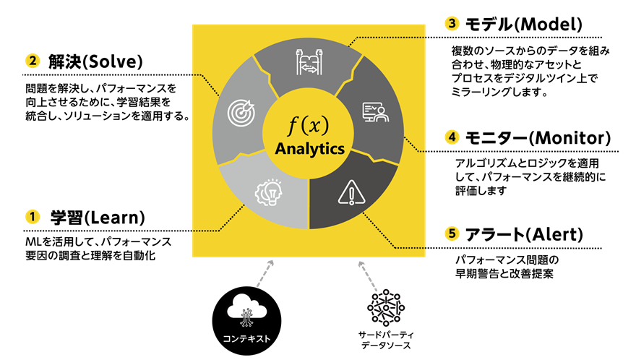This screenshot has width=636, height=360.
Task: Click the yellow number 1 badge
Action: coord(33,216)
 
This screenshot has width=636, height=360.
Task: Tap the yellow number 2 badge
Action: coord(33,61)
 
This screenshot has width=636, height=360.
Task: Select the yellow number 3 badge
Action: coord(452,23)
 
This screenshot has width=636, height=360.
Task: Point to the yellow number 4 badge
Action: coord(452,137)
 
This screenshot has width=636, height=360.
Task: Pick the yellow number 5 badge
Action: coord(452,233)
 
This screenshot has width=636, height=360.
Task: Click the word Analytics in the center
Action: coord(309,150)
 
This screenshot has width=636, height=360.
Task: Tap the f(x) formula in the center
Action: coord(309,126)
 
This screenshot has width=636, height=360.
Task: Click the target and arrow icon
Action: coord(241,113)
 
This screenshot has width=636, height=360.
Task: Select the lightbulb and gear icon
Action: coord(267,192)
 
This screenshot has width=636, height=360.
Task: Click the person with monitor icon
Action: coord(375,112)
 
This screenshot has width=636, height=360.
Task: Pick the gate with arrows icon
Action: coord(309,62)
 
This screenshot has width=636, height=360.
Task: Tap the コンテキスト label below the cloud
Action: coord(246,338)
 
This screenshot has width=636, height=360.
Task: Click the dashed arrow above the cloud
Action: coord(265,274)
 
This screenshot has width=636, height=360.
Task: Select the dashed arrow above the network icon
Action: coord(368,275)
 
